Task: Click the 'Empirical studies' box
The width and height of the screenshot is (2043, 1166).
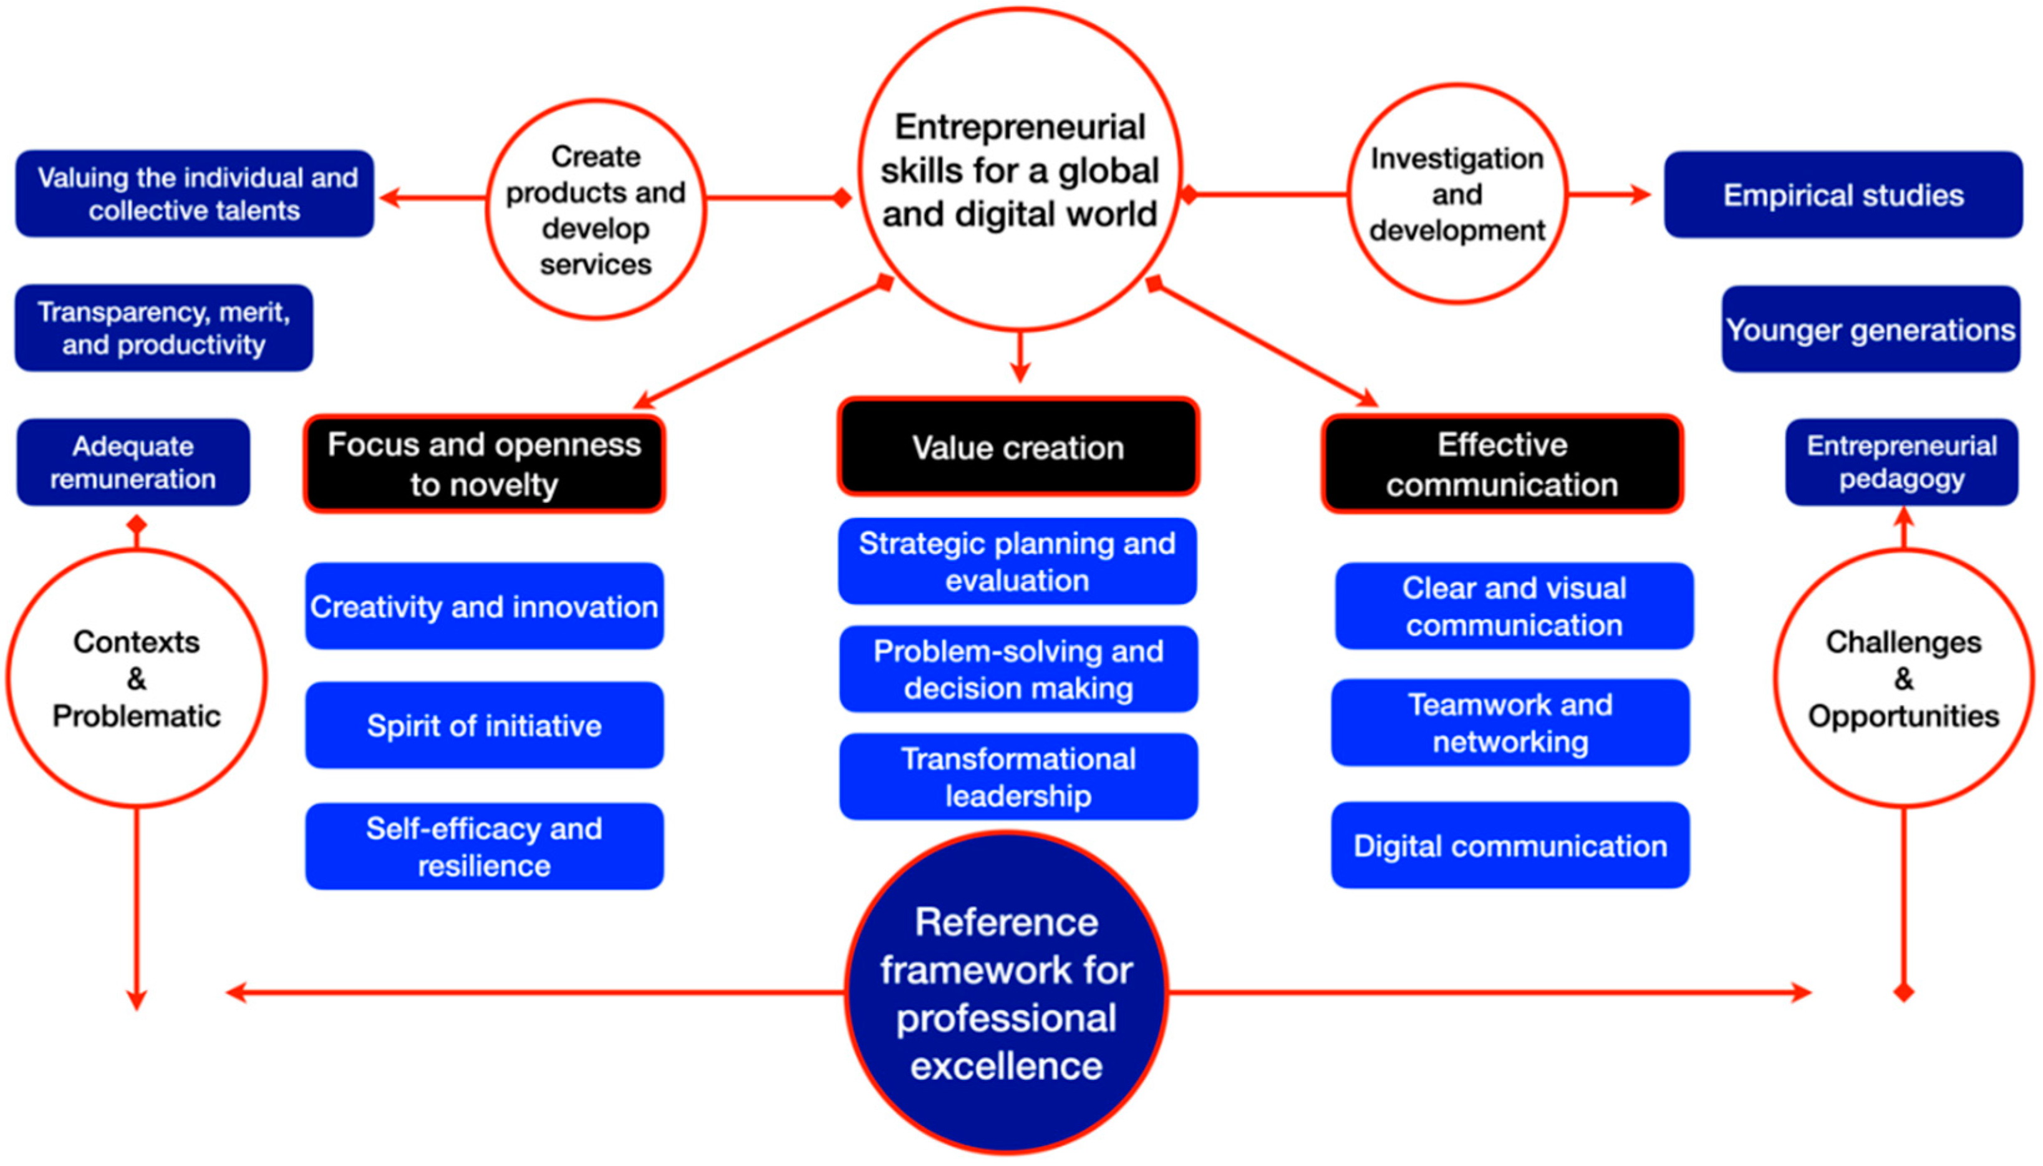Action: click(1842, 195)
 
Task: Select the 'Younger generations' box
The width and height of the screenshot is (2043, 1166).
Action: click(1870, 329)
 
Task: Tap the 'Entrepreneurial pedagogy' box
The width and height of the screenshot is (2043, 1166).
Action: click(1901, 462)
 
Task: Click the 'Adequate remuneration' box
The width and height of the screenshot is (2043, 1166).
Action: click(133, 462)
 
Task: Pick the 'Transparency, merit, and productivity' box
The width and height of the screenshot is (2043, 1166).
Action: click(163, 328)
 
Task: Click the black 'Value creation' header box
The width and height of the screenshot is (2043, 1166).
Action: click(1018, 447)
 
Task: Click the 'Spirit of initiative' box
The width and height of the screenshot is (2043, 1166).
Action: click(485, 726)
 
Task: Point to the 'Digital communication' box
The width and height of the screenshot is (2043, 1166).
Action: click(1510, 846)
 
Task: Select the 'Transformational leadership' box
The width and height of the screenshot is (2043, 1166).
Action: click(1018, 777)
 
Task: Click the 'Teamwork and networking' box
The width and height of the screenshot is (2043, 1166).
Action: click(1510, 722)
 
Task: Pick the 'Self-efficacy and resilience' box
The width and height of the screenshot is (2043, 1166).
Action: click(485, 847)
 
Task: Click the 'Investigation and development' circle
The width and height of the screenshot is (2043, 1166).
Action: click(1457, 194)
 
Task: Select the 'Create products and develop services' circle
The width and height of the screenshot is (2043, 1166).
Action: click(596, 210)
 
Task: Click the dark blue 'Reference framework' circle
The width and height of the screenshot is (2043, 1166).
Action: click(1007, 993)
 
